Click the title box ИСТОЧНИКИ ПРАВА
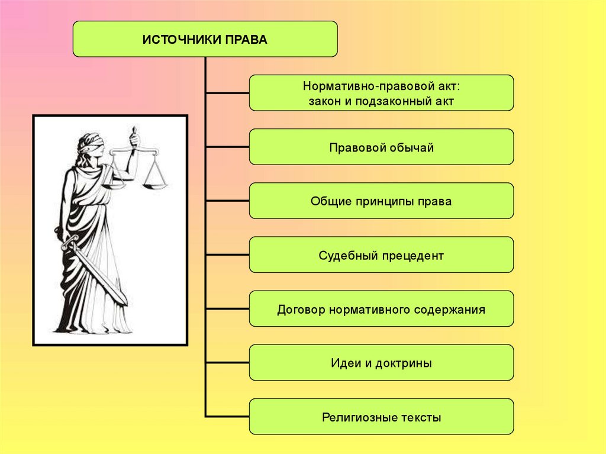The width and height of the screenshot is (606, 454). (205, 39)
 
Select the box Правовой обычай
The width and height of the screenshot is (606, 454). (381, 147)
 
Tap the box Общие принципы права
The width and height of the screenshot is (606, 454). (381, 201)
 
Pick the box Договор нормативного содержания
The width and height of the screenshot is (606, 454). (381, 308)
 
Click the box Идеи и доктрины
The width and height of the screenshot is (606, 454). (381, 362)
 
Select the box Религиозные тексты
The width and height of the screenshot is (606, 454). (381, 416)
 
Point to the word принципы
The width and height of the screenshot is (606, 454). (387, 201)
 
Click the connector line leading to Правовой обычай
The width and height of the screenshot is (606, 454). (227, 147)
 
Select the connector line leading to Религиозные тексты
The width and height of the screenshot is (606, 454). (227, 416)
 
